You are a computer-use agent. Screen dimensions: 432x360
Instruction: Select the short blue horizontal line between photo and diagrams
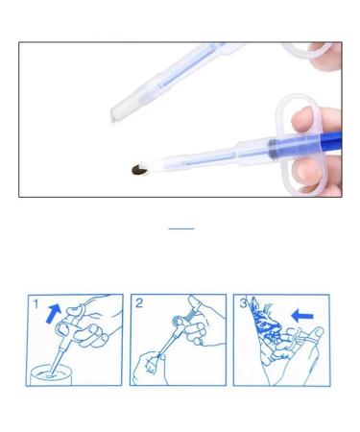180,228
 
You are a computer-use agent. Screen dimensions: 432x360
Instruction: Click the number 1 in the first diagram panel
36,304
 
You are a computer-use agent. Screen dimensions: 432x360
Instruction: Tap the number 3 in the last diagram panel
242,304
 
